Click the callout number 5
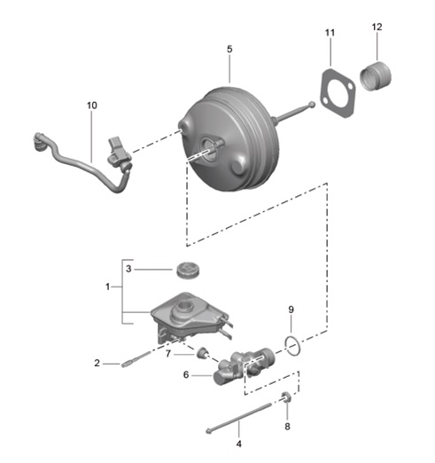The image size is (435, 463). pos(229,50)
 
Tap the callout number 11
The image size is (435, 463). pos(330,33)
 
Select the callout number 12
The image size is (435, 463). pos(377,27)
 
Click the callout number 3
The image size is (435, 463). pos(128,269)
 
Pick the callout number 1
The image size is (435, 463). pos(108,287)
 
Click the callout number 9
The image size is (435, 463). pos(290,309)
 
